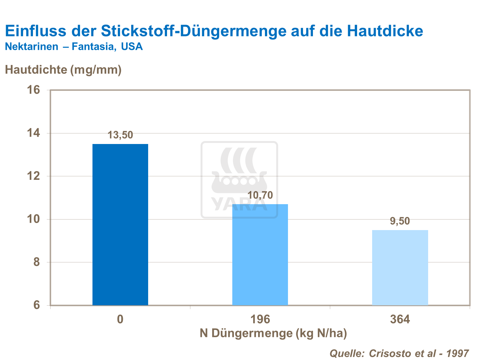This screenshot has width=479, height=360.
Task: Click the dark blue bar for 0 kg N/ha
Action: click(120, 224)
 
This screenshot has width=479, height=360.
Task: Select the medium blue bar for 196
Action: click(260, 254)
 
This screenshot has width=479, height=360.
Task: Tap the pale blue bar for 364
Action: click(400, 267)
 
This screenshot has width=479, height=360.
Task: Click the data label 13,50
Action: click(120, 135)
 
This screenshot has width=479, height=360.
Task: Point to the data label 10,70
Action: click(260, 195)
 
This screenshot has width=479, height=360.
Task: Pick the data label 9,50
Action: click(400, 221)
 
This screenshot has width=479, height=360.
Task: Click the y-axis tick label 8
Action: click(36, 262)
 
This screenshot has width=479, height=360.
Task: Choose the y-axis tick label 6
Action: click(36, 305)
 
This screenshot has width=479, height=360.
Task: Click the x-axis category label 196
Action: click(260, 319)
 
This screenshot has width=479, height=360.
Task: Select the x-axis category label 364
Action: click(400, 319)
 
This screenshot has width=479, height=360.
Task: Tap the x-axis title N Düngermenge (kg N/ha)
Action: click(273, 333)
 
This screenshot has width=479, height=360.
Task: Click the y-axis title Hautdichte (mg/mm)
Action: click(63, 69)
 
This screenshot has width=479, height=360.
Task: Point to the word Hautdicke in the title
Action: click(385, 31)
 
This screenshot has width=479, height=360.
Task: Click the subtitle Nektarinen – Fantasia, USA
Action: click(74, 47)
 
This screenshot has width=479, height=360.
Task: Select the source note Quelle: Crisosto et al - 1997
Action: click(399, 353)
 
